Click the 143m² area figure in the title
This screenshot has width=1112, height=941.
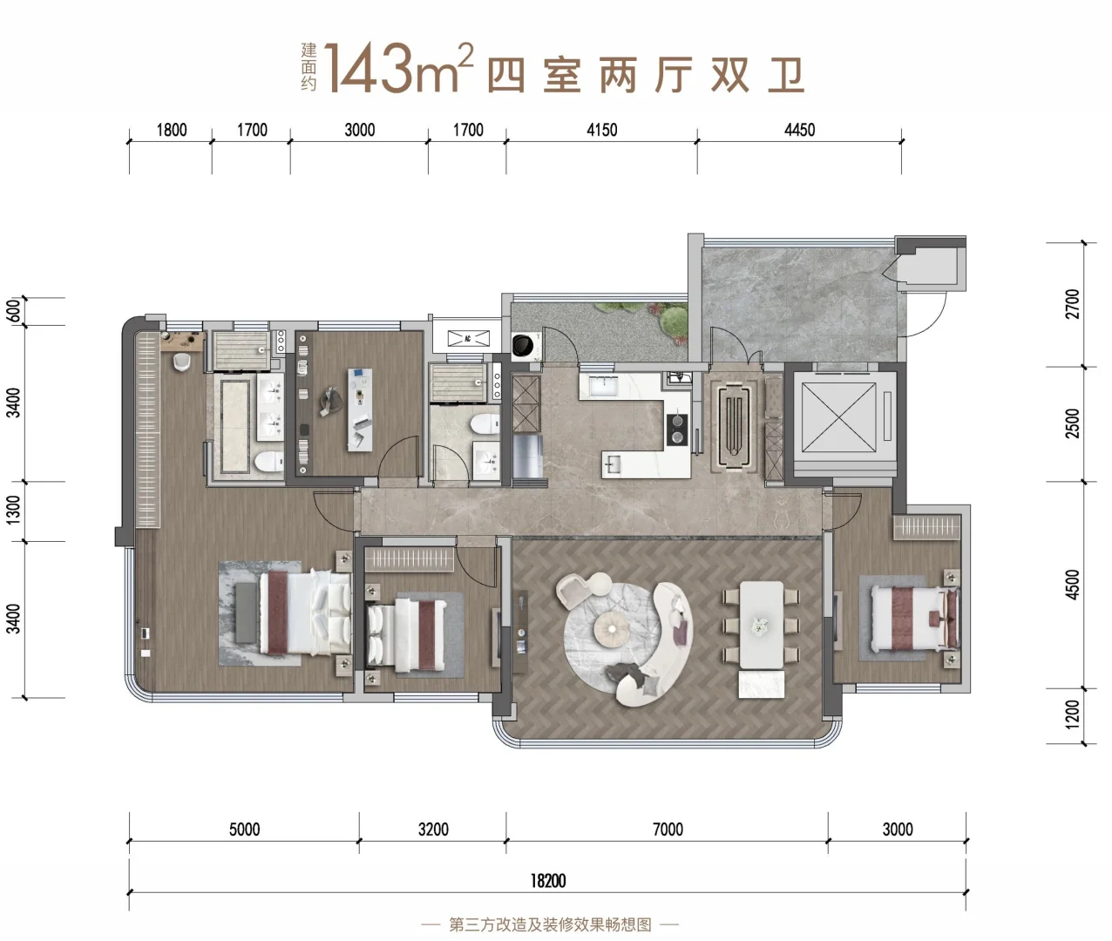pos(397,68)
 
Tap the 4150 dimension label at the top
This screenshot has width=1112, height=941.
pos(602,130)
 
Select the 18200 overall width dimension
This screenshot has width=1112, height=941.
pos(548,881)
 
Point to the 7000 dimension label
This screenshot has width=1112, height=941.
pos(668,829)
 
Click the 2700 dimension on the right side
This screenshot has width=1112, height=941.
pos(1073,304)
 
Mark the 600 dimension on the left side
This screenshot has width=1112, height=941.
pos(15,310)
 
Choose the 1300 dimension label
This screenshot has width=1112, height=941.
pos(13,510)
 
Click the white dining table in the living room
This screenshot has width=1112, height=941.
pos(762,625)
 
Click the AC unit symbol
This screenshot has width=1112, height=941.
pos(468,338)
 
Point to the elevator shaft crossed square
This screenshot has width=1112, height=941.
pos(838,417)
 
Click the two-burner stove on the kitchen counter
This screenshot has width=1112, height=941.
pos(677,430)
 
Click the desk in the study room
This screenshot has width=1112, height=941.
pos(360,410)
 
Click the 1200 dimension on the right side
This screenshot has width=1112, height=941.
pos(1073,714)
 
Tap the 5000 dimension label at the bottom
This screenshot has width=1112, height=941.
pos(245,829)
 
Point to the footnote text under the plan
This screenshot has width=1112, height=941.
pos(550,924)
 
